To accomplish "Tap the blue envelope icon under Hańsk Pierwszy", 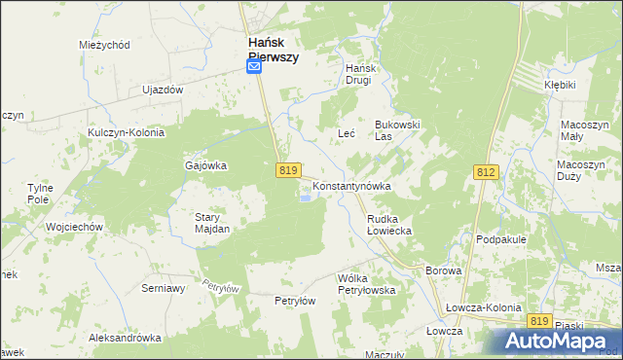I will click(253, 67).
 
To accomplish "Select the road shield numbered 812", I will click(487, 171).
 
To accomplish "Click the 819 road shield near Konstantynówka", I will click(286, 169).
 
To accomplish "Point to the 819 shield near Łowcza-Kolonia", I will click(540, 320).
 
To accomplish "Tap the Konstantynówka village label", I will click(351, 185).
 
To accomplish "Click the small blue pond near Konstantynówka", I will click(307, 199).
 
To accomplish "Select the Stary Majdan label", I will click(212, 223).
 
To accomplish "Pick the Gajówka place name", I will click(205, 165).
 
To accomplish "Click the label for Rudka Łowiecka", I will click(389, 226).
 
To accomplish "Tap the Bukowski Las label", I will click(397, 130).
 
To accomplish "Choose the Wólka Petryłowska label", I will click(365, 284).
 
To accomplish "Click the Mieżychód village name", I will click(104, 45).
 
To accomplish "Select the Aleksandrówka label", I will click(125, 338).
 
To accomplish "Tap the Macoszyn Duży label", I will click(583, 171).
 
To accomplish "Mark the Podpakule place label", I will click(501, 238).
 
